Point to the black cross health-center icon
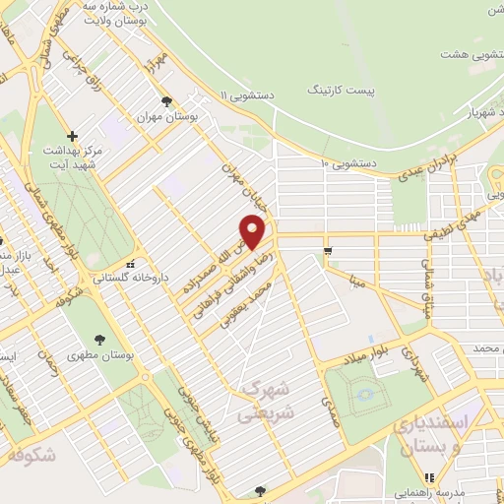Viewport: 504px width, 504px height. pos(71,135)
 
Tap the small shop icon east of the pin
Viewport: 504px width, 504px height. pos(328,249)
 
